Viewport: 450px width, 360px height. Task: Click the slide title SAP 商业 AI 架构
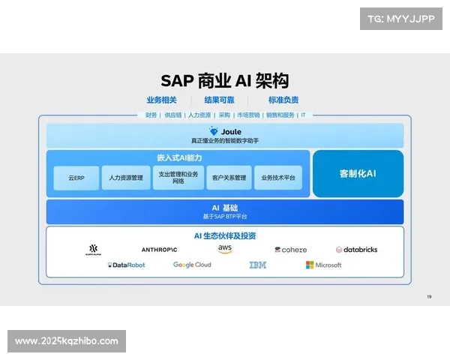[x=225, y=81]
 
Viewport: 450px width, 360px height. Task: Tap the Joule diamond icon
[x=214, y=131]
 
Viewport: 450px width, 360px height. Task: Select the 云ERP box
[x=76, y=178]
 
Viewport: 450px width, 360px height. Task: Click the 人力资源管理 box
[x=126, y=178]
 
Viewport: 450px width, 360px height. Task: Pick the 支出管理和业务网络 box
[x=178, y=178]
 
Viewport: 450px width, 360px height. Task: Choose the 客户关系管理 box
[x=229, y=178]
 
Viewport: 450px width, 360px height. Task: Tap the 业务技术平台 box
[x=277, y=178]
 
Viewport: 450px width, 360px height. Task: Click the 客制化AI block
[x=358, y=173]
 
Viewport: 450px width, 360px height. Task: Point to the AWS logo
[x=225, y=249]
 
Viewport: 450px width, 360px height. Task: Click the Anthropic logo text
[x=159, y=249]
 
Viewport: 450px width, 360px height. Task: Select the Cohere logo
[x=290, y=250]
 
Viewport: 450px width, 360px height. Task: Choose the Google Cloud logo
[x=192, y=265]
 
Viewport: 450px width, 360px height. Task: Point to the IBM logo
[x=257, y=265]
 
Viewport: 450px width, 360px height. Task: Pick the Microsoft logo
[x=323, y=265]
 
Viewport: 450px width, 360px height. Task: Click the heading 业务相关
[x=161, y=100]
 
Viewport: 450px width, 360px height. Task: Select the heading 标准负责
[x=283, y=100]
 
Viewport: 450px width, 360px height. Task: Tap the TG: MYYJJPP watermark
[x=401, y=18]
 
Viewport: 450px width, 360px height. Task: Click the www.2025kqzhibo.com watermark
[x=66, y=341]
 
